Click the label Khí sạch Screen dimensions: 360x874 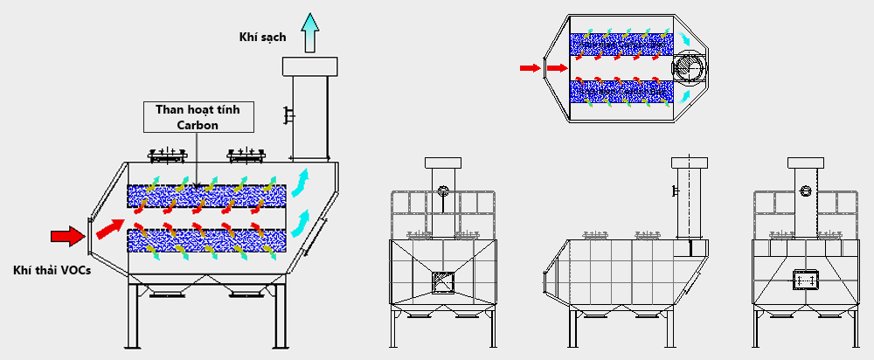tap(262, 37)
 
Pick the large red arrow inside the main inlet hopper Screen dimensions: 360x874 tap(109, 228)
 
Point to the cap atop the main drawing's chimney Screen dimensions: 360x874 tap(309, 66)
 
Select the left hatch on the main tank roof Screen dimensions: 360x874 tap(169, 156)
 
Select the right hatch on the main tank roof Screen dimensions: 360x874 tap(246, 156)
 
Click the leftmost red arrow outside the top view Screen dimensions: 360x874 tap(529, 66)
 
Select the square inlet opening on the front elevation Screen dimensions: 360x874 tap(444, 281)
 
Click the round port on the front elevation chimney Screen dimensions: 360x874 tap(444, 190)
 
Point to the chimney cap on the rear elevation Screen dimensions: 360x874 tap(804, 163)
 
